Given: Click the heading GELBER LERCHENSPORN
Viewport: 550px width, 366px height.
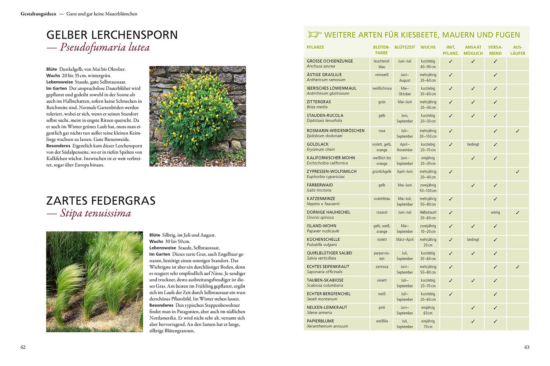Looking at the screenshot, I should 112,35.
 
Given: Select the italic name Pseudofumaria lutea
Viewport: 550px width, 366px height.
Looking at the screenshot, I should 105,48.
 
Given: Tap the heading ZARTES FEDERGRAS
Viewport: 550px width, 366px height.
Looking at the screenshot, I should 101,201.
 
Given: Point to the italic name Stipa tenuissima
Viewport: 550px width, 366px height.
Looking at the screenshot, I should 95,214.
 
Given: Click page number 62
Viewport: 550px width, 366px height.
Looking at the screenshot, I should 23,347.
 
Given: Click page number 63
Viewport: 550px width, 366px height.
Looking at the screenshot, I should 527,347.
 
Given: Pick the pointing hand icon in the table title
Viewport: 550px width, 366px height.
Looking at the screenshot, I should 314,35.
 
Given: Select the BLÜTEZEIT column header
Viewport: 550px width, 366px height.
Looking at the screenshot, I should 405,47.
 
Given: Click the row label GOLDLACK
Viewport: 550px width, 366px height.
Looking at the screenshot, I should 318,144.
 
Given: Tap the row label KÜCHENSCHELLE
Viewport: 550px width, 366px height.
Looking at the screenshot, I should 323,240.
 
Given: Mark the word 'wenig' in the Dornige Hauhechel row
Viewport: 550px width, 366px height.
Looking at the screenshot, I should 495,212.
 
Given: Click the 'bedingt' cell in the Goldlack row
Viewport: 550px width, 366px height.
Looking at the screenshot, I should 473,144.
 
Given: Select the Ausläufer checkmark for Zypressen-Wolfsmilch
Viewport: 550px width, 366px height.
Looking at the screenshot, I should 517,171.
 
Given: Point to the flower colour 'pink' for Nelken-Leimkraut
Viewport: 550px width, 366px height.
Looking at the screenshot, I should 382,308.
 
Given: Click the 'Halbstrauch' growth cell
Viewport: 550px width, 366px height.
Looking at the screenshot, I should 428,212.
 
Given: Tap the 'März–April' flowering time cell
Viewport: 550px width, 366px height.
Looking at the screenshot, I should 404,240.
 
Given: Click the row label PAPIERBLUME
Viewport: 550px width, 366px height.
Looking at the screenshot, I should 320,321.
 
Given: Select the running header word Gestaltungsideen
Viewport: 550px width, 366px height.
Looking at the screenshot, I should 38,14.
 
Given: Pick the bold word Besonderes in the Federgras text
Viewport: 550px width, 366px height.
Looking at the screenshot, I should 161,305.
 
